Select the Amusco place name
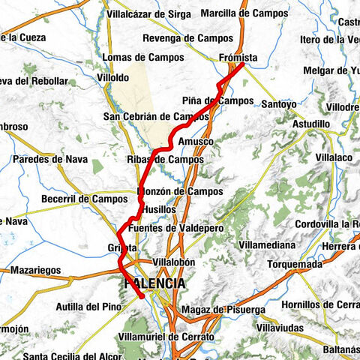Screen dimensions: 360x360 tap(197, 141)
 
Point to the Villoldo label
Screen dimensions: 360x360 tap(113, 77)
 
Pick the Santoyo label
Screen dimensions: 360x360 tap(279, 104)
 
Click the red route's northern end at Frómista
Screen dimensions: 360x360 tap(244, 64)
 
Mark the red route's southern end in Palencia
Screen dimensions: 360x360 tap(141, 298)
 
